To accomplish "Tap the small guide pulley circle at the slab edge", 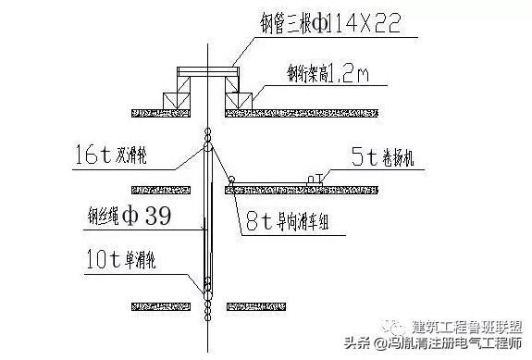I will pyautogui.click(x=232, y=180).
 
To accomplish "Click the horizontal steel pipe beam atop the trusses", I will pyautogui.click(x=209, y=69).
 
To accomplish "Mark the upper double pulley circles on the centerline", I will pyautogui.click(x=209, y=140).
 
